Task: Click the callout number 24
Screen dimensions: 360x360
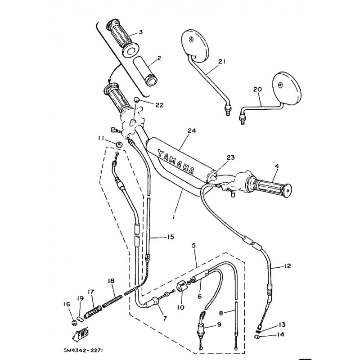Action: tap(192, 130)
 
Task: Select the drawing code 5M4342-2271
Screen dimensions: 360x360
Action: tap(83, 351)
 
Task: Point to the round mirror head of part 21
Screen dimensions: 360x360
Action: tap(195, 46)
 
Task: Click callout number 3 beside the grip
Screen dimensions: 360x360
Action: tap(140, 32)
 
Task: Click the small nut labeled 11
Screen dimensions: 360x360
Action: tap(119, 144)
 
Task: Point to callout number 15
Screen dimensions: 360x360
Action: tap(171, 237)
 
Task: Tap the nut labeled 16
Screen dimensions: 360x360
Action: tap(74, 323)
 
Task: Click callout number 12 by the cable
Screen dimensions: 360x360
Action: tap(287, 266)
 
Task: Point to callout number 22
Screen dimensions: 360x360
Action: tap(159, 105)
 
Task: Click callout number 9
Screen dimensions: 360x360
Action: tap(219, 324)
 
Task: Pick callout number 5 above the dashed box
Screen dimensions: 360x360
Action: tap(193, 246)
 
